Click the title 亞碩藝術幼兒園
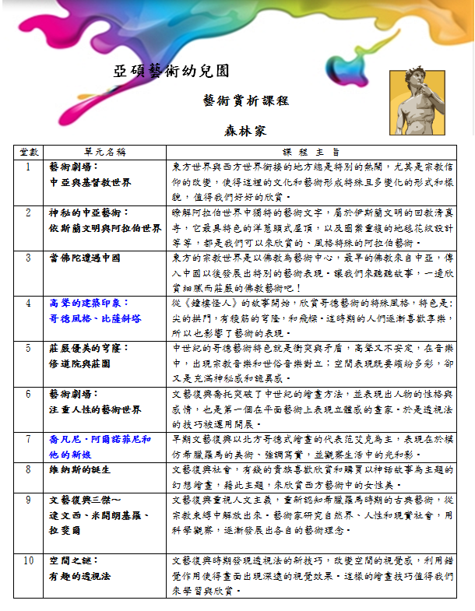171,72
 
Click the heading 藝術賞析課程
234,100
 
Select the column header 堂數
29,152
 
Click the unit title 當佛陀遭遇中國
84,257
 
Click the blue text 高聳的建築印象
85,303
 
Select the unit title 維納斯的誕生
79,469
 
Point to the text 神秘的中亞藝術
88,212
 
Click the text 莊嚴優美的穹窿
86,349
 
